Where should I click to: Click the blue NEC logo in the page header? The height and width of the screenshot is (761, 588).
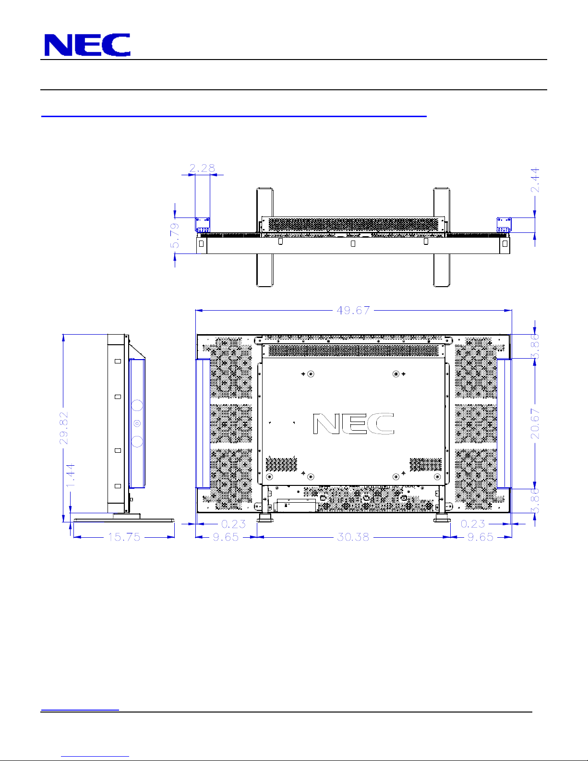(x=87, y=45)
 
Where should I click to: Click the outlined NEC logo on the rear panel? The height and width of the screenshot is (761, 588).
(x=353, y=424)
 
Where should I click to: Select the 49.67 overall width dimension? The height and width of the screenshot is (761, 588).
(x=353, y=310)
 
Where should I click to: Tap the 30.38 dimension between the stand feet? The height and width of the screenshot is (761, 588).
(x=353, y=537)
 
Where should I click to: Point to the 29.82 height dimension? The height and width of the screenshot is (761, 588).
(x=64, y=428)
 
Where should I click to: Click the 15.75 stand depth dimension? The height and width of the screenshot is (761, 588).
(x=124, y=537)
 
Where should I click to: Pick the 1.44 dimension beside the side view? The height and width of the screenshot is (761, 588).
(x=71, y=475)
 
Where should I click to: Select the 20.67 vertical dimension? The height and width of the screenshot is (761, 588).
(x=535, y=424)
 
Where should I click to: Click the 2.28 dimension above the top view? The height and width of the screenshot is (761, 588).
(x=202, y=168)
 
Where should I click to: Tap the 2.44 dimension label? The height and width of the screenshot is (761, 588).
(x=535, y=180)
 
